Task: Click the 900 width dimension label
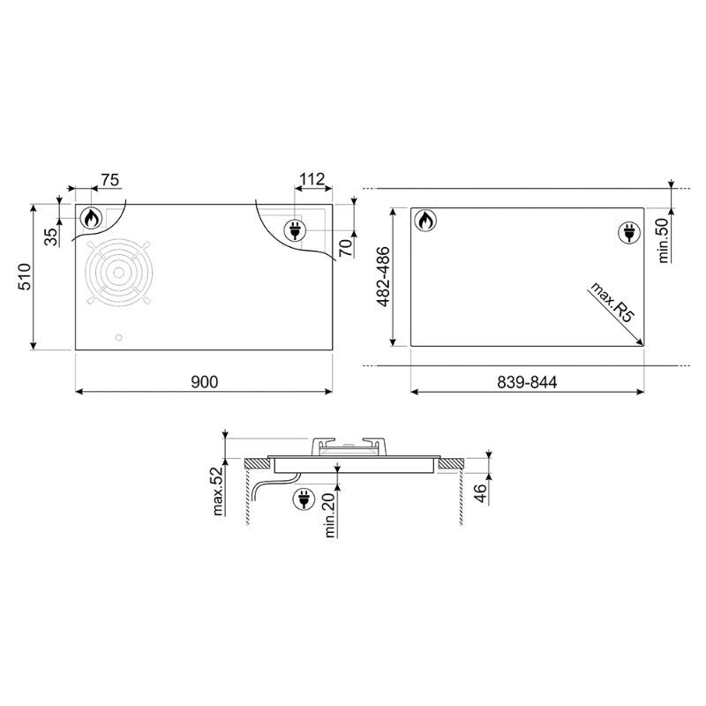point(204,382)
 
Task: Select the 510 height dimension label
point(25,276)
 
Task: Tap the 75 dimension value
point(109,180)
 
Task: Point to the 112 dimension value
point(312,179)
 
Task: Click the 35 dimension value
point(51,237)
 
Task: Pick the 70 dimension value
point(346,248)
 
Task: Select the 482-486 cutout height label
point(383,276)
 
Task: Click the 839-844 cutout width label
point(527,382)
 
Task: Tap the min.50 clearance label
point(664,239)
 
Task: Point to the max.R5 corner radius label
point(612,302)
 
